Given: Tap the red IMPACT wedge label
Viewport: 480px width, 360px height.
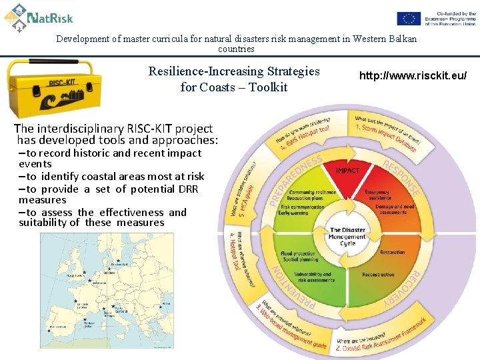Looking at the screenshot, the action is point(347,171).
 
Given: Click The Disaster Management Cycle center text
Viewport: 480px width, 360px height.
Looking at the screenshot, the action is point(347,237).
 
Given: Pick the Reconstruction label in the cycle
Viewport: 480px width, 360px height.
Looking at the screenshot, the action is point(378,275).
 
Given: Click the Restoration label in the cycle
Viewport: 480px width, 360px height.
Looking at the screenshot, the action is point(392,253).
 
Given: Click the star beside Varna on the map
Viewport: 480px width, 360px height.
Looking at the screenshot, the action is point(161,306).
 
